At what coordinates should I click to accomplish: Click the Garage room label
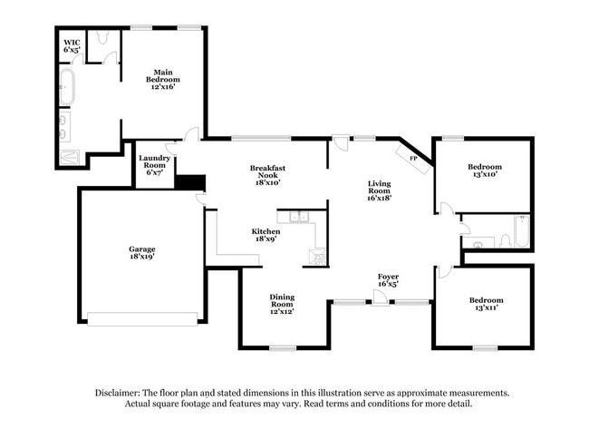(x=141, y=253)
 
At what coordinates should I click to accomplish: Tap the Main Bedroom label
(x=162, y=79)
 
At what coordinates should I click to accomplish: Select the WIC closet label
(x=72, y=46)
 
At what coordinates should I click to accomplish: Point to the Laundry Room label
(x=153, y=164)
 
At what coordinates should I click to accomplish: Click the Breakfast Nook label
(x=268, y=173)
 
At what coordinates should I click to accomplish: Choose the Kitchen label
(x=266, y=236)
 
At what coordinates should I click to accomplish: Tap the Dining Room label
(x=282, y=303)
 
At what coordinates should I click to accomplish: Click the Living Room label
(x=379, y=190)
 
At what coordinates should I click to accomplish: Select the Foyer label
(x=389, y=279)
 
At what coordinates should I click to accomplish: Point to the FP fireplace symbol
(x=413, y=158)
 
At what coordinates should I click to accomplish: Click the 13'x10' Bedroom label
(x=485, y=171)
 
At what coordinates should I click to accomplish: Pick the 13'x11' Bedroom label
(x=486, y=305)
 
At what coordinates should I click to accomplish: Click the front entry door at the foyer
(x=381, y=300)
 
